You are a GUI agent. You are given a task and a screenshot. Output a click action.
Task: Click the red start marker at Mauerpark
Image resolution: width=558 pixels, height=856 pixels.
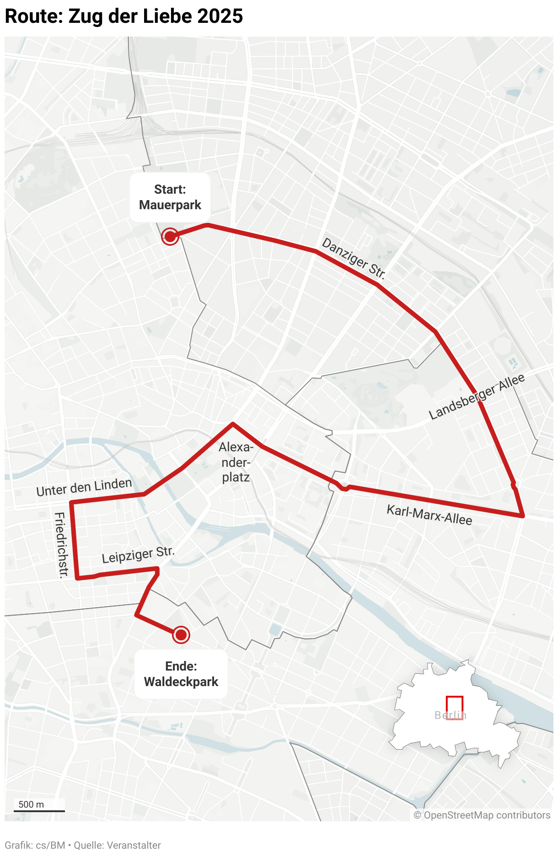[170, 237]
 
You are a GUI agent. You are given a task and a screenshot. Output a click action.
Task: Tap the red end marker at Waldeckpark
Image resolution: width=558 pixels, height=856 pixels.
[181, 634]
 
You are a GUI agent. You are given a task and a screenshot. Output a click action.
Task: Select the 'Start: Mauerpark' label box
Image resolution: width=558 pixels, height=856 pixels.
[170, 197]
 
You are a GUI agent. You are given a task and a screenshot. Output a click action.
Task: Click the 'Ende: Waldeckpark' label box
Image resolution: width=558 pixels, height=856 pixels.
[181, 674]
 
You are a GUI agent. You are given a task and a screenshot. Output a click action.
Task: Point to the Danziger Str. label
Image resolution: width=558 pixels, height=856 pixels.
[354, 259]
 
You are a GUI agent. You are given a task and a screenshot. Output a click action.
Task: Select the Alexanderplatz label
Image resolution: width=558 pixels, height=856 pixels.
[236, 462]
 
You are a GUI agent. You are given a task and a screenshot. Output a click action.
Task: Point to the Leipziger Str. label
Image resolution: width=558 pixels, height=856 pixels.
[138, 555]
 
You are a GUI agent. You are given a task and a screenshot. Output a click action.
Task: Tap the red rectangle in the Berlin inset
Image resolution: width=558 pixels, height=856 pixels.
[455, 708]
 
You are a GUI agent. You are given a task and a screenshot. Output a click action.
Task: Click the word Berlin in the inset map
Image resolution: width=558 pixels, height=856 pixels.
[450, 715]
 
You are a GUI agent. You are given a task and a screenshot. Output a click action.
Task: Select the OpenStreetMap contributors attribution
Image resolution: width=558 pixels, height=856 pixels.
[482, 815]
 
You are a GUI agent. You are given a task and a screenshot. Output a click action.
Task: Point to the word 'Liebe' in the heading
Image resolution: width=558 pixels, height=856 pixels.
[168, 16]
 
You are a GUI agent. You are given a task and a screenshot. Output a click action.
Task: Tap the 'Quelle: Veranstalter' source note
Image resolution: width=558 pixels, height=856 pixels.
[117, 845]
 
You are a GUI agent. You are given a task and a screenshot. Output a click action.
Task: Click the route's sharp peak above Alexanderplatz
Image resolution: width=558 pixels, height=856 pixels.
[233, 424]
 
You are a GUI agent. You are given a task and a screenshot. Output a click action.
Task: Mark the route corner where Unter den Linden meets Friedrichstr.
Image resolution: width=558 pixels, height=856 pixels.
[71, 502]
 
